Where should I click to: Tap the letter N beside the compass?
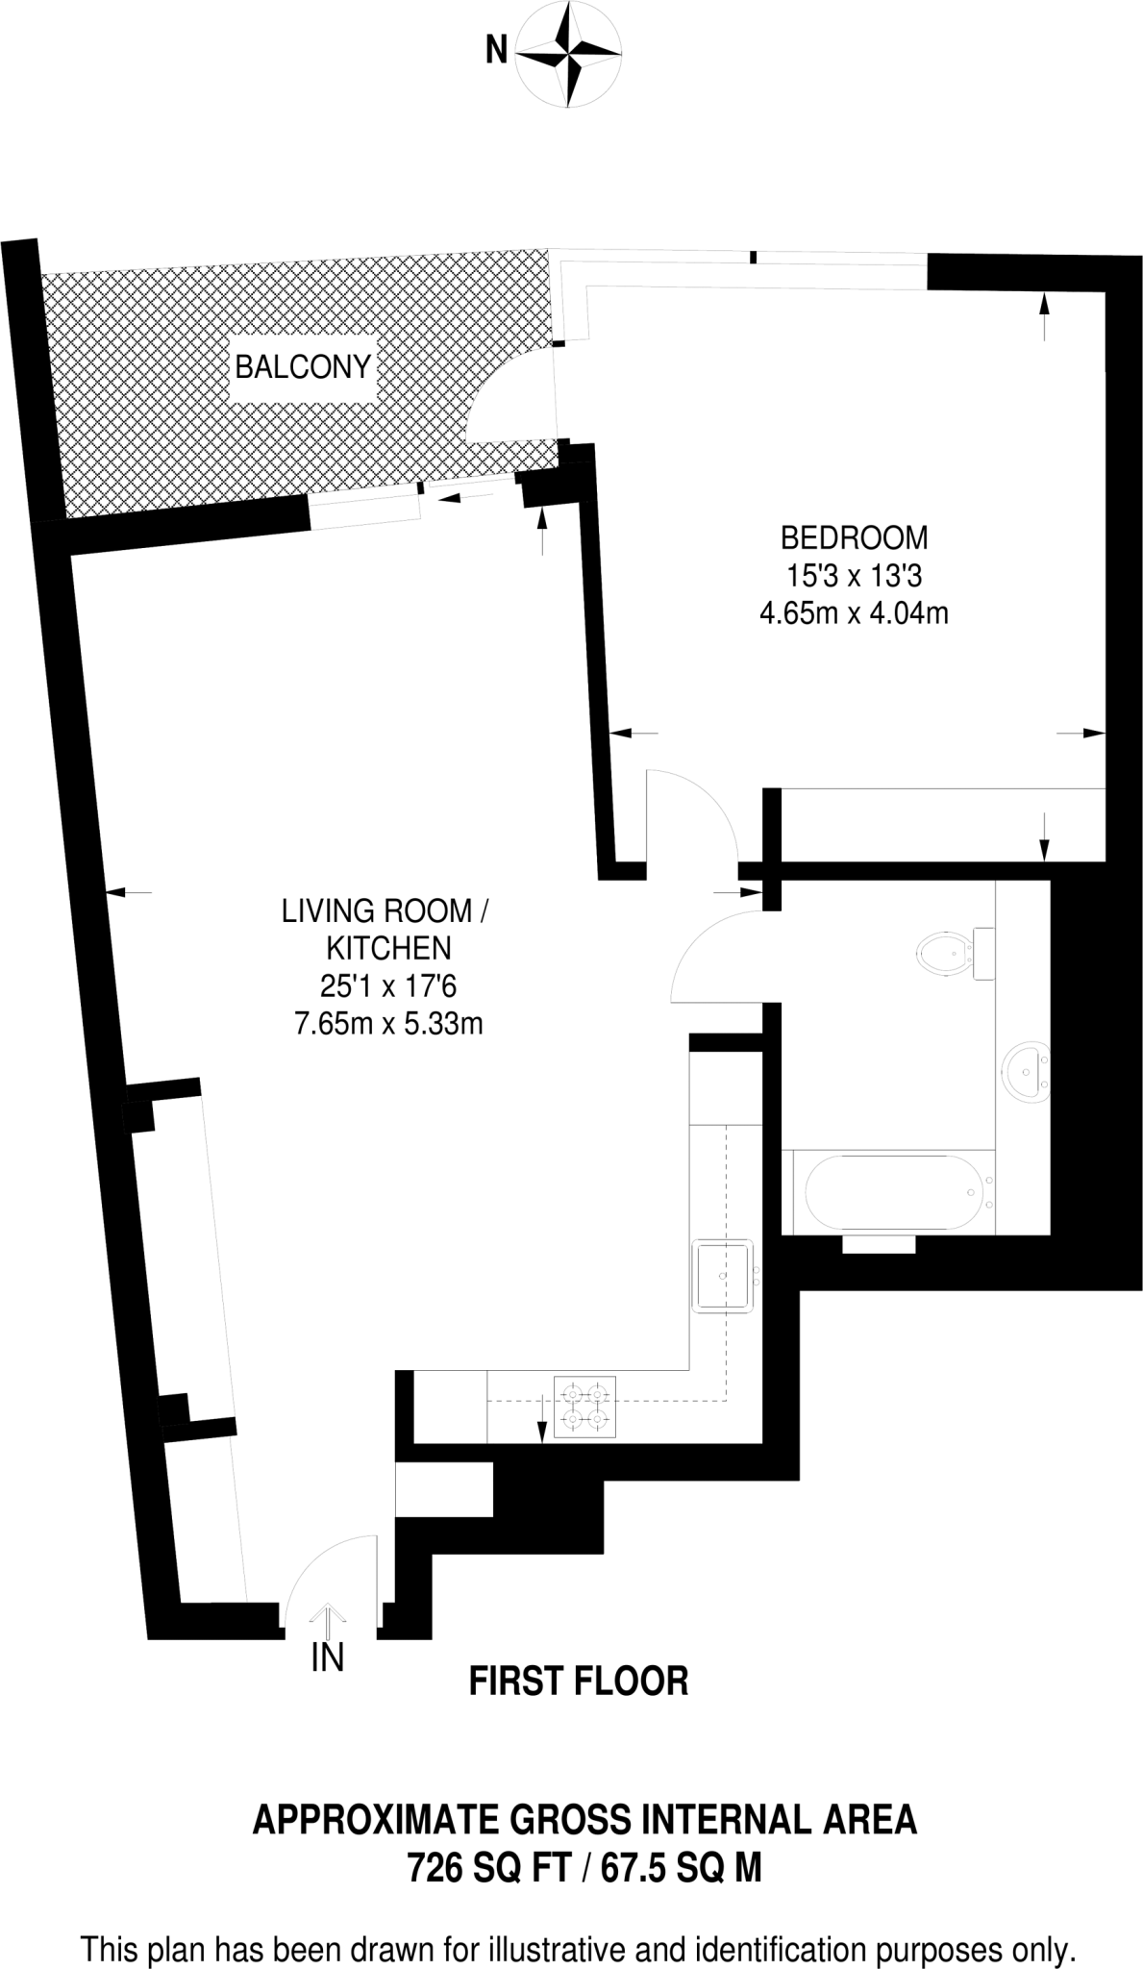click(x=496, y=49)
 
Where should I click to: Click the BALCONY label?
click(x=303, y=367)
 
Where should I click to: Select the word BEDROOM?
click(x=854, y=536)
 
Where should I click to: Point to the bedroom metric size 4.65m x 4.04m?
click(x=854, y=612)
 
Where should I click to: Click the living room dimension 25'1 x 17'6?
click(x=388, y=986)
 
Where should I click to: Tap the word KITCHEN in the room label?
click(x=388, y=948)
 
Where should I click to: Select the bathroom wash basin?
click(x=1028, y=1071)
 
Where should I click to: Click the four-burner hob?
click(x=585, y=1409)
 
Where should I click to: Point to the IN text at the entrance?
click(x=328, y=1657)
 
